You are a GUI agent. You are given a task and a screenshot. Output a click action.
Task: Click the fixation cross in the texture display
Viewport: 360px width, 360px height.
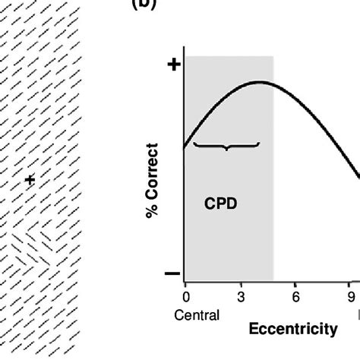[x=30, y=180]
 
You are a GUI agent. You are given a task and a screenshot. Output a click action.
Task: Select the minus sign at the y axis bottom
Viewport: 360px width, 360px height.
[x=172, y=273]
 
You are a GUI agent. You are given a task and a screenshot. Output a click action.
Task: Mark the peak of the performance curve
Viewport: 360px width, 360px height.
[x=258, y=82]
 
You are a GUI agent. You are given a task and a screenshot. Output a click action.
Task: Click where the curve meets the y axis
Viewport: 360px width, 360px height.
[x=185, y=144]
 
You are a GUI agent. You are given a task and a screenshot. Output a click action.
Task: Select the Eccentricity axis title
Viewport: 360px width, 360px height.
[x=292, y=329]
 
